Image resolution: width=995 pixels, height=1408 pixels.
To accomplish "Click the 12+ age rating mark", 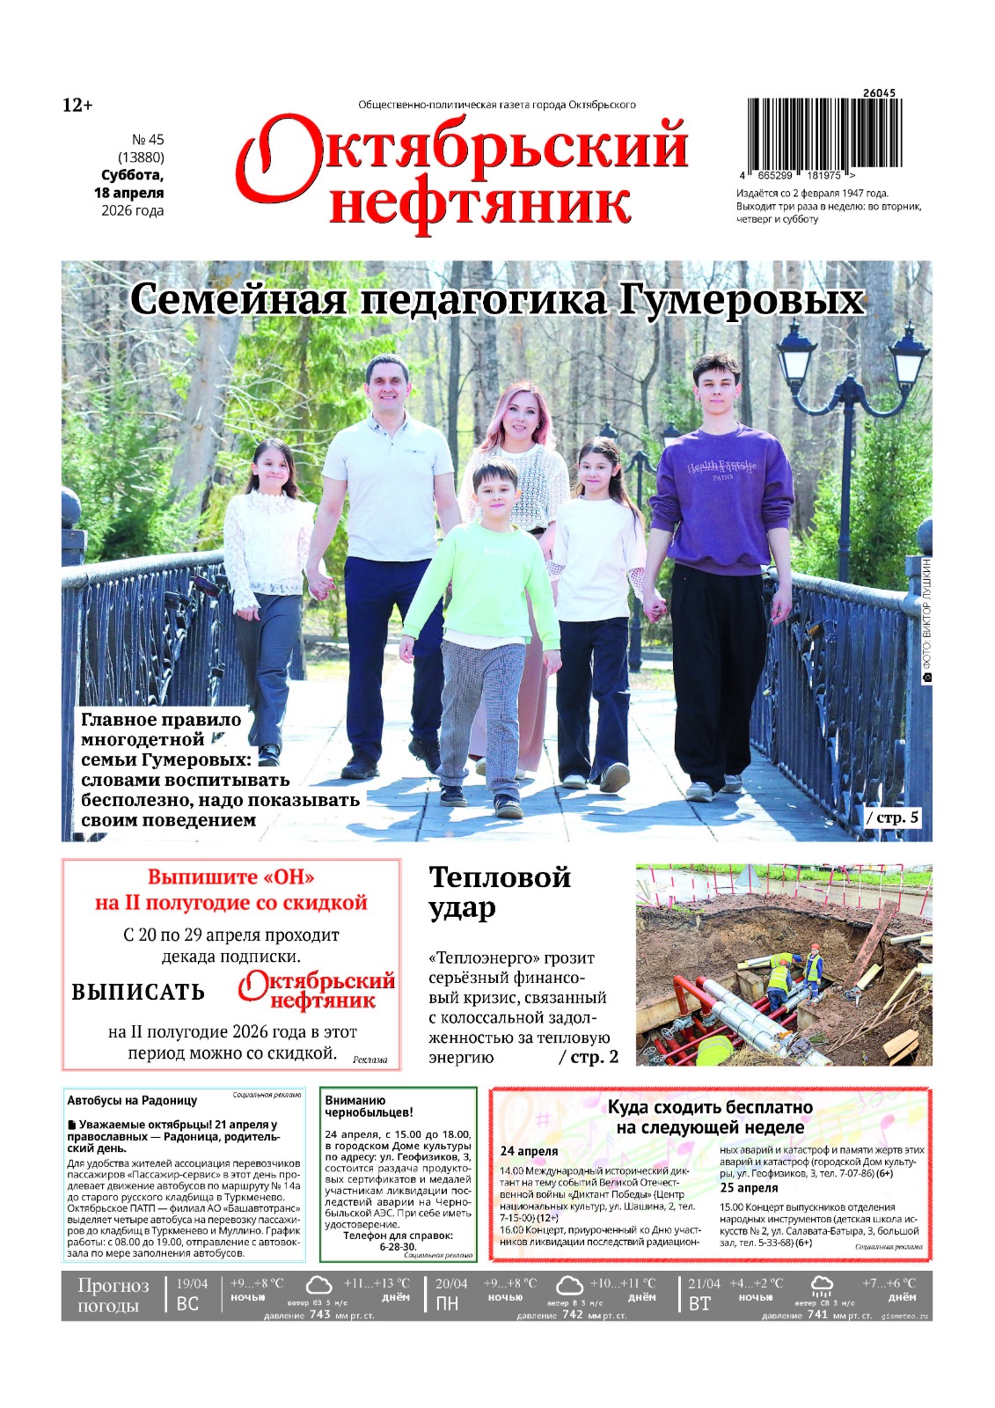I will pyautogui.click(x=77, y=106).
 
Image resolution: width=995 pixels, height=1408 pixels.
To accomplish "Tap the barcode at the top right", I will pyautogui.click(x=823, y=132).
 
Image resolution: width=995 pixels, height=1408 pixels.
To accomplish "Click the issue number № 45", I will pyautogui.click(x=148, y=140).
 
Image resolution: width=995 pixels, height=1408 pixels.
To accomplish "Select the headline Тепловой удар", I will pyautogui.click(x=499, y=891).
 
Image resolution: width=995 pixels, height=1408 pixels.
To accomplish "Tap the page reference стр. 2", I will pyautogui.click(x=589, y=1057).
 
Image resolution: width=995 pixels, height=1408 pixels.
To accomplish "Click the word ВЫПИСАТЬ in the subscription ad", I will pyautogui.click(x=138, y=992).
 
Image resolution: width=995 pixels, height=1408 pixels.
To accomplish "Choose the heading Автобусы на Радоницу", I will pyautogui.click(x=132, y=1100).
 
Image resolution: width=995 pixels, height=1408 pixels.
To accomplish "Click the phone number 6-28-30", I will pyautogui.click(x=398, y=1247).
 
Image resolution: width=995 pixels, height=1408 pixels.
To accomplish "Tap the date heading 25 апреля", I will pyautogui.click(x=749, y=1188).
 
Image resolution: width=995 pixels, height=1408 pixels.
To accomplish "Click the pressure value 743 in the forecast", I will pyautogui.click(x=320, y=1315).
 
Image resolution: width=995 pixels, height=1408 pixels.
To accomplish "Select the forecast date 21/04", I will pyautogui.click(x=705, y=1284).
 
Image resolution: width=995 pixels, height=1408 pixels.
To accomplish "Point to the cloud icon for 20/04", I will pyautogui.click(x=569, y=1286).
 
